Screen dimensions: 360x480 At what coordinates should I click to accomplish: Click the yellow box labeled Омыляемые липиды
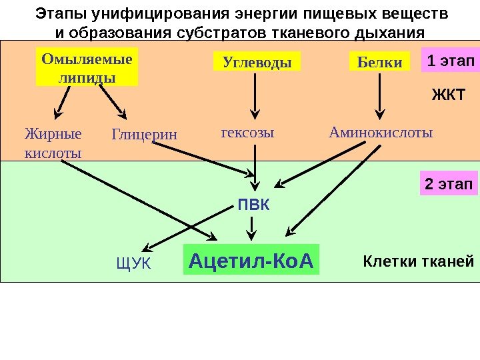point(87,67)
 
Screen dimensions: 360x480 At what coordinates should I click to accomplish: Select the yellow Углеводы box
point(257,63)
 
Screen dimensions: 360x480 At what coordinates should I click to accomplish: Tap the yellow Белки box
point(379,63)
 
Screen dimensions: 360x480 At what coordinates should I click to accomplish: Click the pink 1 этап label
point(450,62)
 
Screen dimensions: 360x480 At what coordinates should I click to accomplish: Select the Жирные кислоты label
point(53,143)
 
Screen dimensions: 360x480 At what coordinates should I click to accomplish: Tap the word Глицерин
point(145,135)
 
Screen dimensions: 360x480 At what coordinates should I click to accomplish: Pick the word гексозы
point(247,133)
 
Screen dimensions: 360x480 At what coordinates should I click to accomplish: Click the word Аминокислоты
point(381,133)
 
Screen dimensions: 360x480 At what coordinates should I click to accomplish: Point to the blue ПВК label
point(254,204)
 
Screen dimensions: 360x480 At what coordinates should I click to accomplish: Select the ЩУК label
point(134,264)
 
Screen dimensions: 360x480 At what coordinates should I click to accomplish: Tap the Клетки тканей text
point(419,261)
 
